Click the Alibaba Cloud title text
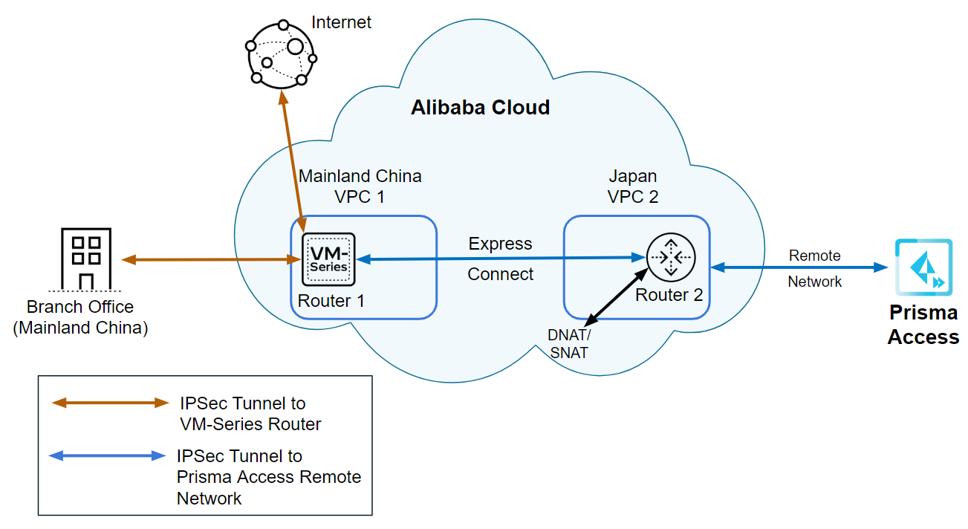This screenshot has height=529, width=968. tap(481, 108)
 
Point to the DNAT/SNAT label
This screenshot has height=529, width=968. tap(569, 344)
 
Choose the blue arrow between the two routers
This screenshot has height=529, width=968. tap(500, 259)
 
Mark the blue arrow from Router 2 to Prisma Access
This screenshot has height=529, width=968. tap(800, 266)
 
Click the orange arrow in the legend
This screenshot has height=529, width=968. tap(110, 403)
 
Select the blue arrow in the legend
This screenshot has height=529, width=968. tap(107, 455)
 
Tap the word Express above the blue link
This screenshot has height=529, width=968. tap(500, 244)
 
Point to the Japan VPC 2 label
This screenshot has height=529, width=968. tap(633, 186)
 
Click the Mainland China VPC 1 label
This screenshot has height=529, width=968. tap(360, 186)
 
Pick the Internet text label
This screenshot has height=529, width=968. tap(342, 22)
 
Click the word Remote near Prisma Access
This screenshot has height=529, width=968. tap(814, 256)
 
